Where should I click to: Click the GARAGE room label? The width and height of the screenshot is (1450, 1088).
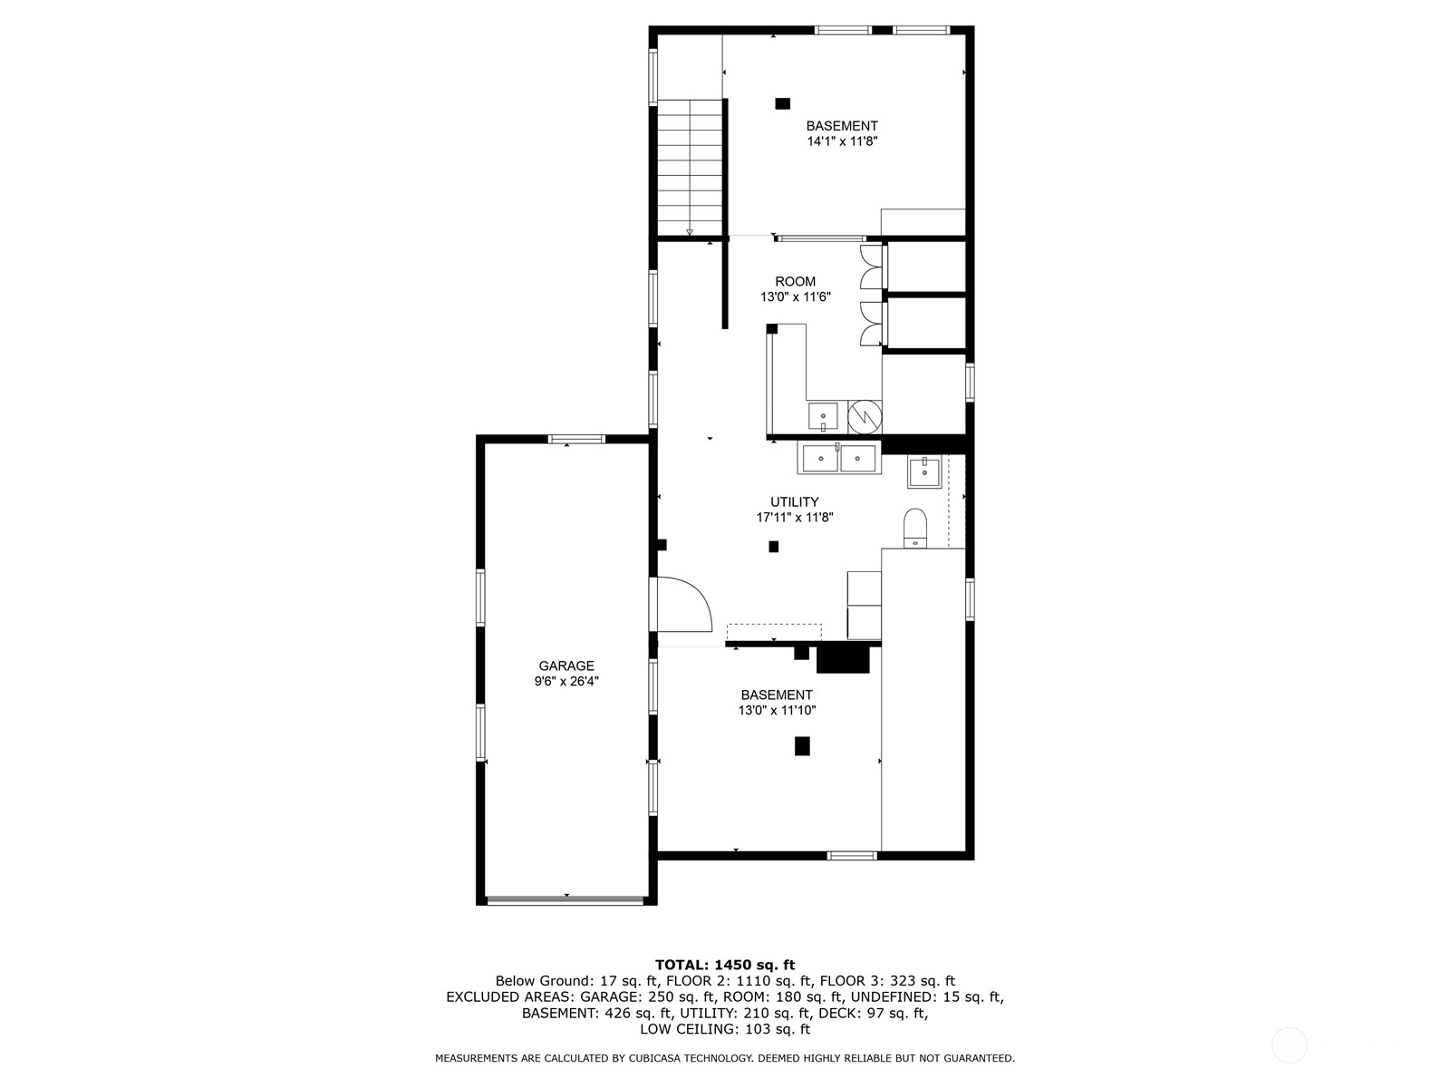(566, 665)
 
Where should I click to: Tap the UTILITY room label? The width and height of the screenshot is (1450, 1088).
(795, 501)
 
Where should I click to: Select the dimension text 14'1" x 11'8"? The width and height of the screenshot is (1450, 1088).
(842, 141)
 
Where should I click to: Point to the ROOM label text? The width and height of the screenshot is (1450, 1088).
(795, 281)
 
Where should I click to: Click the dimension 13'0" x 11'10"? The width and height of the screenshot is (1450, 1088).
(777, 711)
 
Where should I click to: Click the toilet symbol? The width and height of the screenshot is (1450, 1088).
(915, 528)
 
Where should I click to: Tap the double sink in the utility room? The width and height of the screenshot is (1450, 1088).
(838, 458)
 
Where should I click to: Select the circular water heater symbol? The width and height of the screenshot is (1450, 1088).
(864, 416)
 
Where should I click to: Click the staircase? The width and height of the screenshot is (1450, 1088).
(690, 167)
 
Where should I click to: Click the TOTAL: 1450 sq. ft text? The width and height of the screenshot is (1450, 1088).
(725, 965)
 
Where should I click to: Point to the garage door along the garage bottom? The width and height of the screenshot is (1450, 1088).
(565, 900)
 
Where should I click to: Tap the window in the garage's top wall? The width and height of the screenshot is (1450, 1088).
(576, 439)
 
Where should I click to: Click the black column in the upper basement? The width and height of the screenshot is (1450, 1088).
(782, 103)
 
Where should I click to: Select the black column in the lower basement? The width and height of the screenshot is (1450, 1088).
(802, 746)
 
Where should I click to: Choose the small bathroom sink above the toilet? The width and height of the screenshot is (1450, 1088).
(924, 472)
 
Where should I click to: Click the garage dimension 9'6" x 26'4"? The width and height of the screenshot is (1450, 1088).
(566, 681)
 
